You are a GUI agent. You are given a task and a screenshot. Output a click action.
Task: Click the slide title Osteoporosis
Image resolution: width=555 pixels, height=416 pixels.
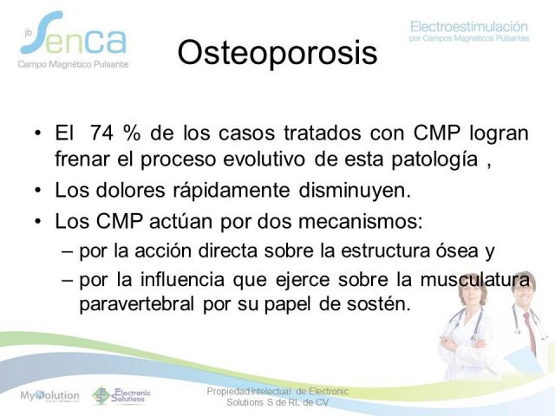point(277,53)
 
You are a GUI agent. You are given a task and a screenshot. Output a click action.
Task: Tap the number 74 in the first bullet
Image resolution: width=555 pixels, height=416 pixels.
point(102,133)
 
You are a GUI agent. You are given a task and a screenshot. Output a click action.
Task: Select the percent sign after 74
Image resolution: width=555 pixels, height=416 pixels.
point(133,133)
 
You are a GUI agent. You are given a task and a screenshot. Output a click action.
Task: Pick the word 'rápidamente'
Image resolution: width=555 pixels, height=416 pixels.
point(232,190)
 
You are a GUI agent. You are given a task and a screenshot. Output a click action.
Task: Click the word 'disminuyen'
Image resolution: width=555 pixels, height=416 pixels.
point(355,190)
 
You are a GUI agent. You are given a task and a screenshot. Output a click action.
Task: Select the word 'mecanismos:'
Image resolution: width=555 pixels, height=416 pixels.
point(361,222)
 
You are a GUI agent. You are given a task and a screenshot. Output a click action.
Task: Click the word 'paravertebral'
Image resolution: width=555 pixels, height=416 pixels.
point(137,304)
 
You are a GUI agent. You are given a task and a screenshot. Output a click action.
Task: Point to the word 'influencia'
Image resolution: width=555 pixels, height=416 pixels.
point(182,279)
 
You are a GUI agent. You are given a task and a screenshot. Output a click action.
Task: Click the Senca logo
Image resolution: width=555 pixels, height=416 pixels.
point(75,34)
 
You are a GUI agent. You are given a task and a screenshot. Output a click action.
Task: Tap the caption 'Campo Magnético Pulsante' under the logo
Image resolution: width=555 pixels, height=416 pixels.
point(73,64)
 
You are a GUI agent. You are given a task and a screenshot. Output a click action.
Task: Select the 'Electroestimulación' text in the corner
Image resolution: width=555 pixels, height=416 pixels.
point(469,27)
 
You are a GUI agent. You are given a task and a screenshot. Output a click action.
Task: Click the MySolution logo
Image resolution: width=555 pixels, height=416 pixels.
point(50,395)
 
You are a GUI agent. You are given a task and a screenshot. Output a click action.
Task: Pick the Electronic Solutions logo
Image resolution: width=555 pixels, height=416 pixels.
point(121,395)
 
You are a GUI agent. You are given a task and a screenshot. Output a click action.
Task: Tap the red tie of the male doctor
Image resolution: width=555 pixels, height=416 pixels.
point(530,333)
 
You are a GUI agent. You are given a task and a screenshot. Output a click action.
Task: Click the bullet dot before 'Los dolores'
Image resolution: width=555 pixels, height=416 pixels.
point(38,191)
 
